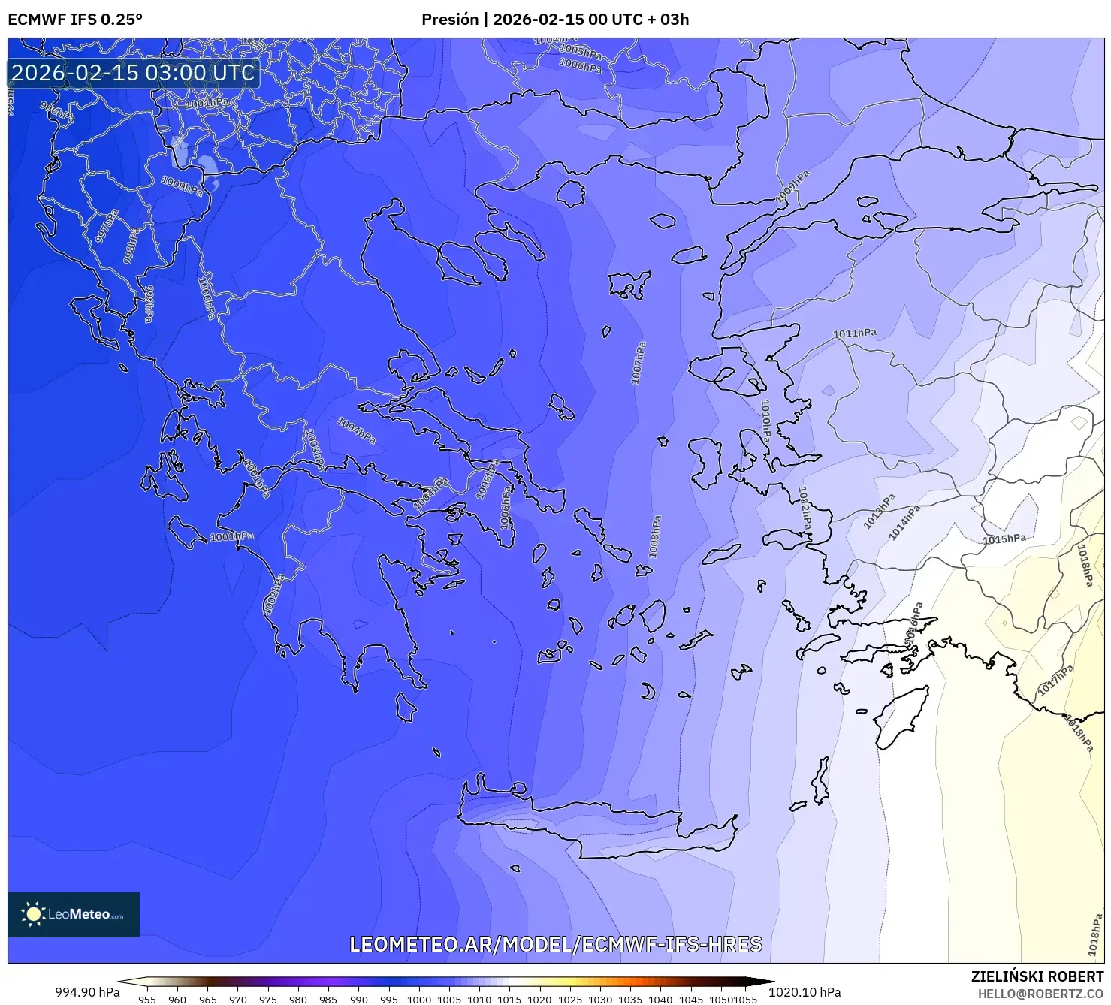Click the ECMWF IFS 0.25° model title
[75, 20]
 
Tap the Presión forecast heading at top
[554, 20]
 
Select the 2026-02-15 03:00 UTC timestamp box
[134, 73]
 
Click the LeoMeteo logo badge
[74, 914]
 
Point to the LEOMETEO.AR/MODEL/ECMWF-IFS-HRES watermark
[556, 944]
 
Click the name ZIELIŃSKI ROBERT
[1037, 977]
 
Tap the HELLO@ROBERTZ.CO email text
[1040, 994]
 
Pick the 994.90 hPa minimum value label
[87, 992]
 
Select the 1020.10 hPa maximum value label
[805, 992]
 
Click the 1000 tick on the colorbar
[419, 999]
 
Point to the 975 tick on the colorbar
[268, 999]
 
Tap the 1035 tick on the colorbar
[630, 999]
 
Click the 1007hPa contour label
[639, 364]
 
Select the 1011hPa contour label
[855, 333]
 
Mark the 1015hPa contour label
[1004, 539]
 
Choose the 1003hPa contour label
[315, 448]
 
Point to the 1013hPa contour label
[879, 512]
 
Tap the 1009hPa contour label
[793, 186]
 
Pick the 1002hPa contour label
[274, 595]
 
